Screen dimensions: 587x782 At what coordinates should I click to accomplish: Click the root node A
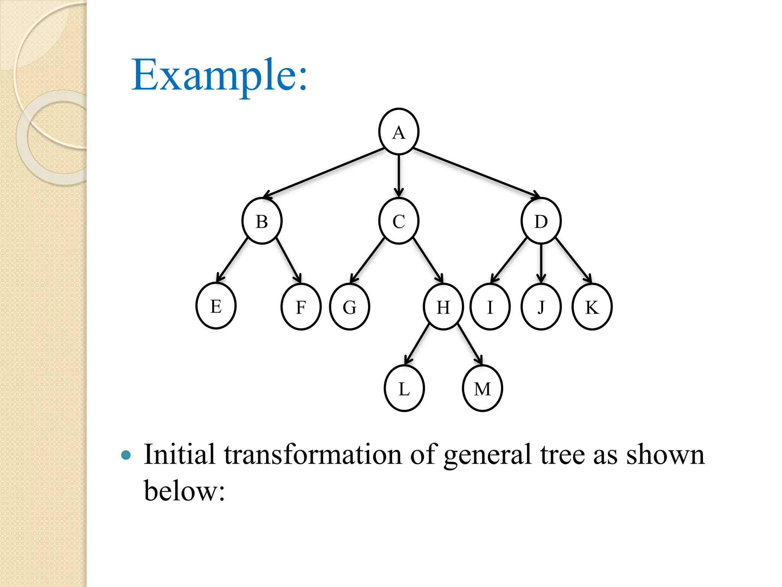coord(399,132)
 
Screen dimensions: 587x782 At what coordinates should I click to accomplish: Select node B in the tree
coord(262,221)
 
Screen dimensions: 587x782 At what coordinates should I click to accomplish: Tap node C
coord(399,221)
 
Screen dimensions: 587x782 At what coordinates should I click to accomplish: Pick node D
coord(541,221)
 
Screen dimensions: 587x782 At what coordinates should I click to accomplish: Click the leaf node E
coord(216,306)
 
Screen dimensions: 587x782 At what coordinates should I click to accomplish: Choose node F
coord(301,306)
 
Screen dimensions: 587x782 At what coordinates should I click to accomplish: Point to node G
coord(349,306)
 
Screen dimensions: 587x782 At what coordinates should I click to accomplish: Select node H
coord(443,306)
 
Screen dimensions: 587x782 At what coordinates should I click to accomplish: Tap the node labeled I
coord(490,306)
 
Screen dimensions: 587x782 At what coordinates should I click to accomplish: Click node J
coord(541,306)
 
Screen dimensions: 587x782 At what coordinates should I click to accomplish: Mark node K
coord(592,306)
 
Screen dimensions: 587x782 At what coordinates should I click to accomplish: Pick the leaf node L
coord(404,388)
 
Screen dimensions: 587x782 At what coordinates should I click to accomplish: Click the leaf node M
coord(482,388)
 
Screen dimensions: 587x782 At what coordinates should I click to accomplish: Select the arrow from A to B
coord(325,173)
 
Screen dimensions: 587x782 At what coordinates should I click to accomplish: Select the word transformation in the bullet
coord(313,455)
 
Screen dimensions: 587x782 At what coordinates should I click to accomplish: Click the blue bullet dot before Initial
coord(126,455)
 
